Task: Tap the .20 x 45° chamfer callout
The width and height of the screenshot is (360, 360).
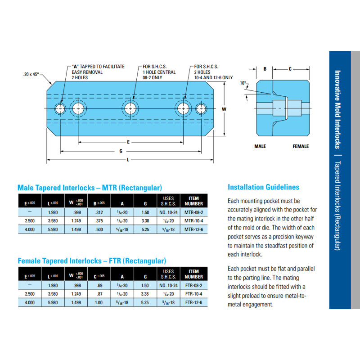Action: coord(31,74)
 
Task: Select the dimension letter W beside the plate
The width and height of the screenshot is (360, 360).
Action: coord(224,109)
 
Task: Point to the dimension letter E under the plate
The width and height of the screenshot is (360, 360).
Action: coord(128,142)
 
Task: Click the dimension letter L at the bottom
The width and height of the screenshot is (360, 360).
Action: coord(128,160)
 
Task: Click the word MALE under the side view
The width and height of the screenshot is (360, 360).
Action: coord(260,146)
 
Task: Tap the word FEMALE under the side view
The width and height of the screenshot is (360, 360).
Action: coord(301,146)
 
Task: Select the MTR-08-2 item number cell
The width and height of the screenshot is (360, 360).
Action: coord(193,212)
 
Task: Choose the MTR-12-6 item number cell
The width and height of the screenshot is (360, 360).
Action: coord(193,229)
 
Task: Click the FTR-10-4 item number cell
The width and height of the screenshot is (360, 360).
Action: coord(193,294)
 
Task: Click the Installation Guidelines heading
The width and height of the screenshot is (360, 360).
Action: coord(263,187)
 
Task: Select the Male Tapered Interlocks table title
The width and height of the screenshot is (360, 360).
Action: coord(90,188)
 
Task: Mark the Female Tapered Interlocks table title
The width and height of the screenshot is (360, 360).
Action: coord(92,261)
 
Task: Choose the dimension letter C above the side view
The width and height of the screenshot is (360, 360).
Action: coord(290,69)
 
